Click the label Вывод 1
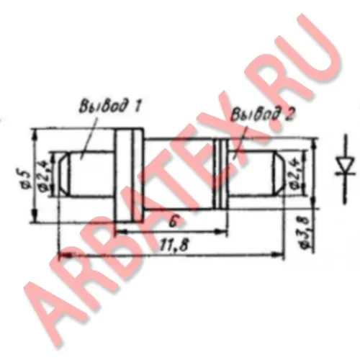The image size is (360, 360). click(110, 105)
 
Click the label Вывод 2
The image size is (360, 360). click(263, 114)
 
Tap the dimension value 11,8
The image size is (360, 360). click(174, 245)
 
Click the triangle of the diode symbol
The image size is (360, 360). click(346, 166)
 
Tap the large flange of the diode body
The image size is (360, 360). click(130, 175)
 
